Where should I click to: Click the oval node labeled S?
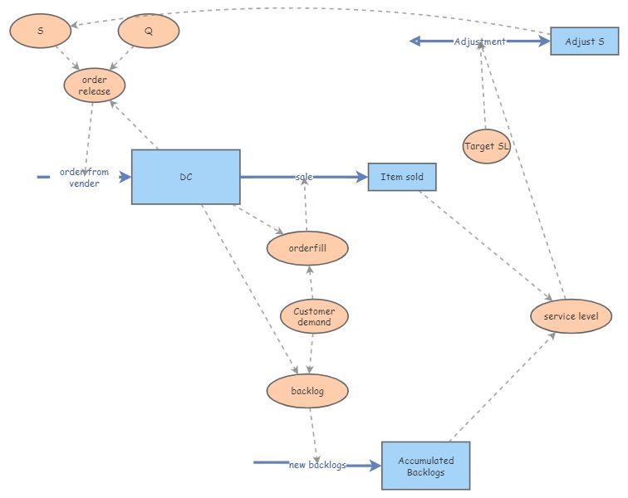[41, 32]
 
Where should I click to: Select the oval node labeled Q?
[149, 32]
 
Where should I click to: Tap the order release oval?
[94, 85]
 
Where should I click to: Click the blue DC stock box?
[186, 177]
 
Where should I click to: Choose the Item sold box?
[402, 177]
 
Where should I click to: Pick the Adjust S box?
[584, 41]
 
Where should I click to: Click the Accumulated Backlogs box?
[426, 466]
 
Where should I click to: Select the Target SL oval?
[487, 146]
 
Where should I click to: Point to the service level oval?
[572, 316]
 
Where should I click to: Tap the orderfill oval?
[307, 247]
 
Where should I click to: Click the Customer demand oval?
[314, 316]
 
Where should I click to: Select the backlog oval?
[307, 390]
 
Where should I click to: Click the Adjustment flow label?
[479, 41]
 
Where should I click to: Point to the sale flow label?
[304, 177]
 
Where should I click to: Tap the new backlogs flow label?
[317, 465]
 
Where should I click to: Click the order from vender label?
[84, 177]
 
